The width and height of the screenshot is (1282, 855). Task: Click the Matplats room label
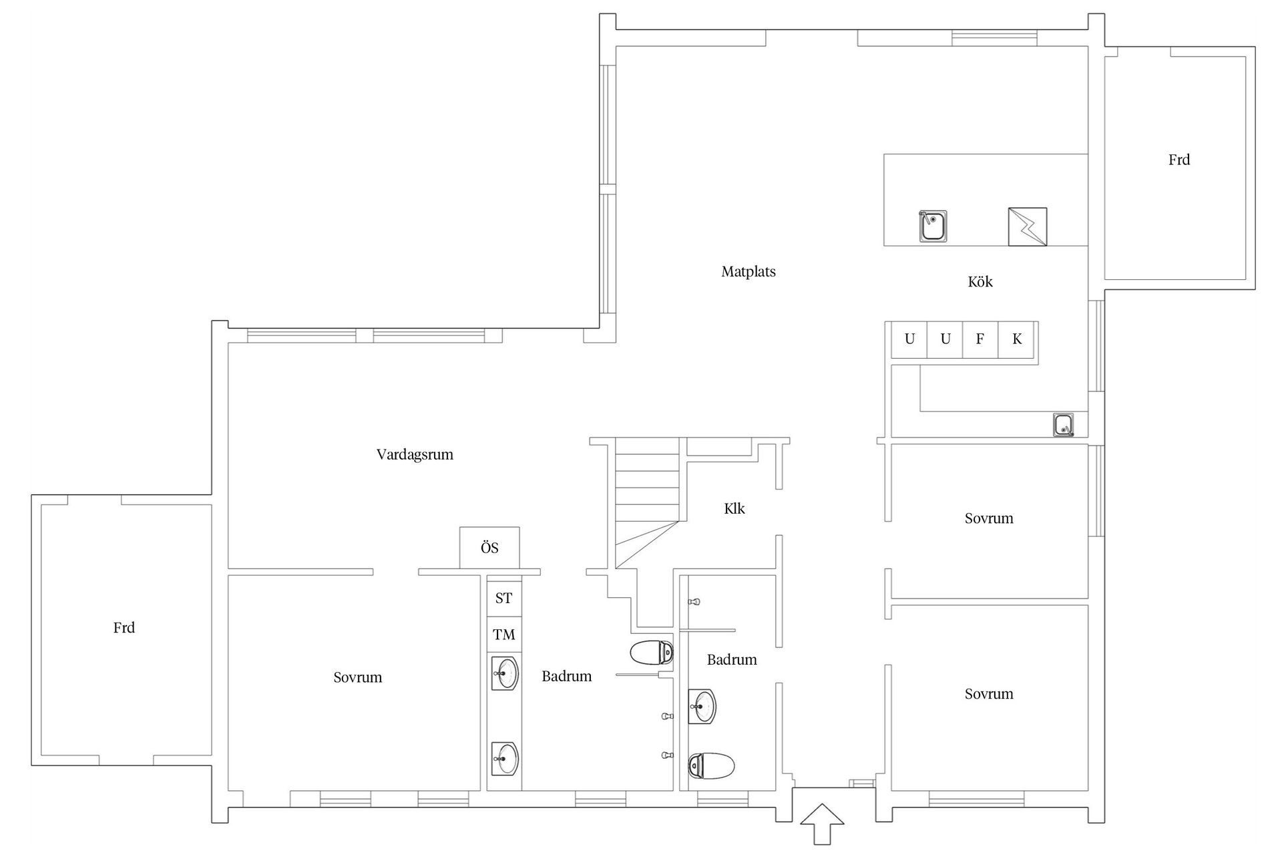(749, 272)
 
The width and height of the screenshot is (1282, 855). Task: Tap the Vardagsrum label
(415, 455)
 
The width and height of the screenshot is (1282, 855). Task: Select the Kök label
(980, 282)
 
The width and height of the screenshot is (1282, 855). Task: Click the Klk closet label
(734, 509)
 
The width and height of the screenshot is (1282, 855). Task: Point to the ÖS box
(489, 548)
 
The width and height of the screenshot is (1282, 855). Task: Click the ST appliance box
(504, 598)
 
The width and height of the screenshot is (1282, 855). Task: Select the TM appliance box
(504, 634)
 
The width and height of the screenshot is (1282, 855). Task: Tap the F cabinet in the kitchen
(980, 339)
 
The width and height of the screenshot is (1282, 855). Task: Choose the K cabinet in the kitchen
(1016, 339)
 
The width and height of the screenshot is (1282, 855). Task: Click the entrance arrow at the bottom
(822, 824)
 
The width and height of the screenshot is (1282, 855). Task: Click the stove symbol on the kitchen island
(1027, 226)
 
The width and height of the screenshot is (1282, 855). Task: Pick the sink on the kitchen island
(933, 226)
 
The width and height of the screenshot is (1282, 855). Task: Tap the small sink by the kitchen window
(1064, 425)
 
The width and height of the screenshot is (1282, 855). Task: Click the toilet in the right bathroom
(711, 765)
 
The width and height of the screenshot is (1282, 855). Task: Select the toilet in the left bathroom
(652, 653)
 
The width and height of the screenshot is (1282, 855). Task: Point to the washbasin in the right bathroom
(702, 706)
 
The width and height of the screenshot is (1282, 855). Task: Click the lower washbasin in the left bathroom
(505, 758)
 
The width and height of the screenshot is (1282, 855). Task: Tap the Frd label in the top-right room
(1179, 160)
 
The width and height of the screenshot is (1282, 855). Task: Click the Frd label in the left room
(124, 628)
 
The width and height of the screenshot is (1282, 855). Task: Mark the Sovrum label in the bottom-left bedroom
(358, 677)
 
